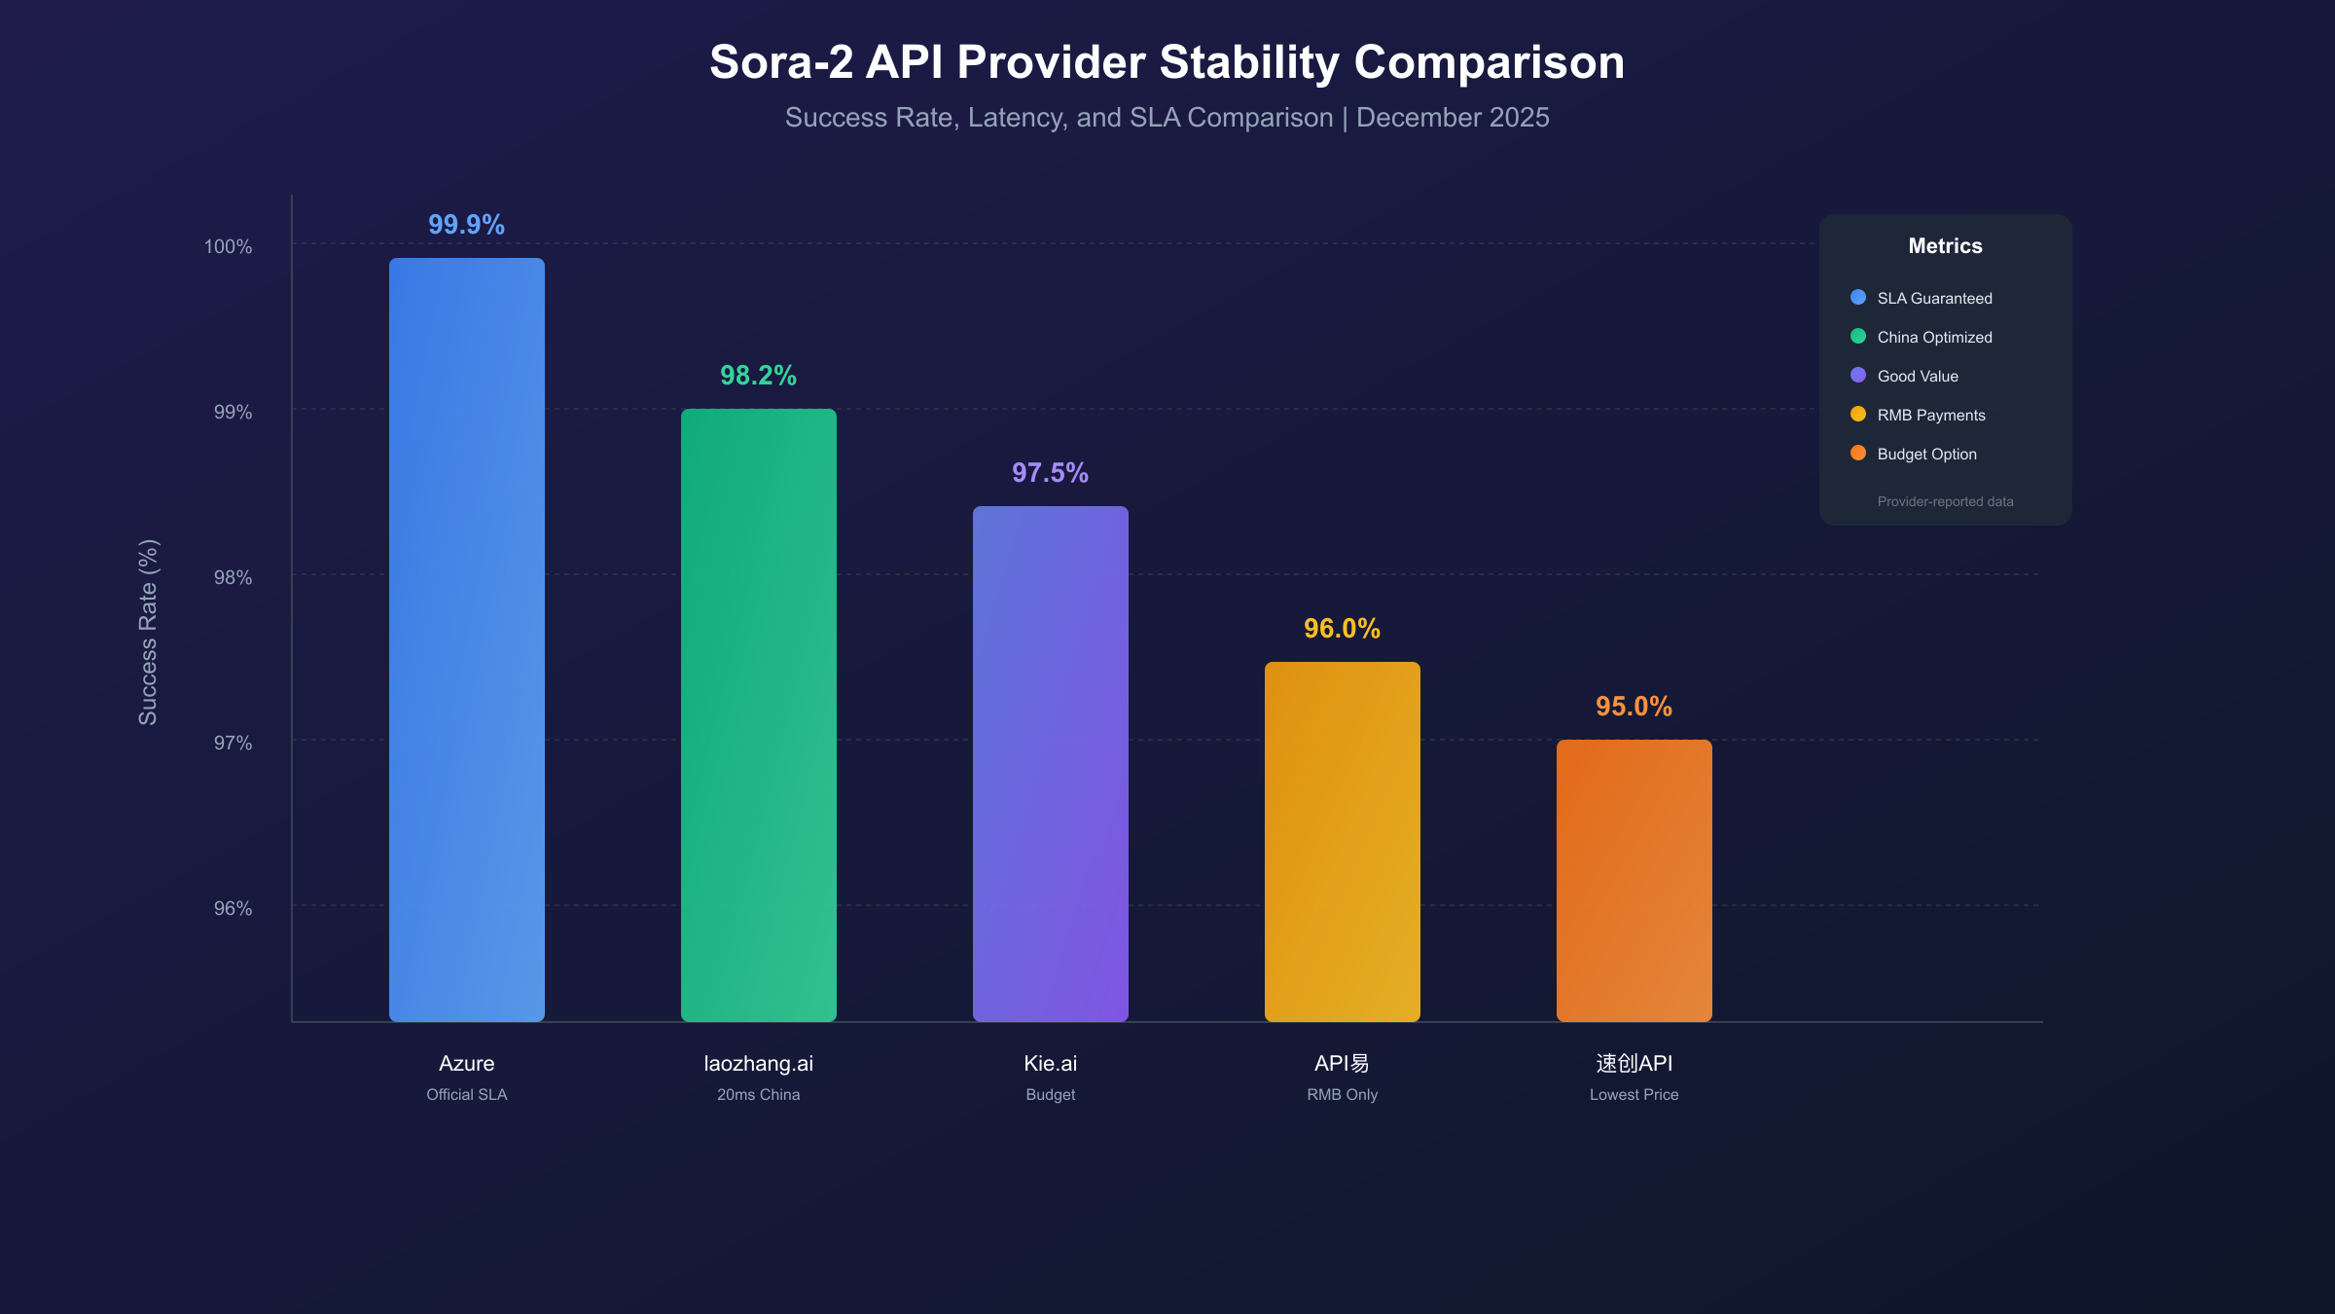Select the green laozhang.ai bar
coord(759,715)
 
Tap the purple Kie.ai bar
coord(1051,764)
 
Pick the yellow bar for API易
coord(1343,842)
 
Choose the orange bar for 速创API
coord(1634,881)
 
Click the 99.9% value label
coord(466,225)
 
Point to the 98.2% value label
coord(758,376)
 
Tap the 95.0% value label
coord(1634,707)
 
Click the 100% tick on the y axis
coord(228,247)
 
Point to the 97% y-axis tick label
coord(233,744)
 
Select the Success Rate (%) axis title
coord(148,633)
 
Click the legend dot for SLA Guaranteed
coord(1858,298)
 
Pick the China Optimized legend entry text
coord(1934,338)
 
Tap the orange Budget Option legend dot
coord(1858,454)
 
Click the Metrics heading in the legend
coord(1945,246)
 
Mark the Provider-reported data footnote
coord(1945,502)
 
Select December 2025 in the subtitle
coord(1453,118)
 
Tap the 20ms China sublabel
coord(758,1095)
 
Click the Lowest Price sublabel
coord(1634,1095)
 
